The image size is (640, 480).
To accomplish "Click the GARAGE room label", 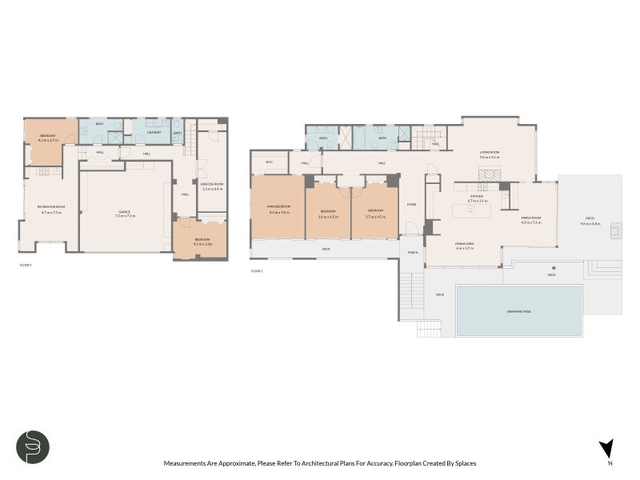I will tap(125, 213).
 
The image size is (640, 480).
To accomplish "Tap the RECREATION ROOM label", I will tap(50, 207).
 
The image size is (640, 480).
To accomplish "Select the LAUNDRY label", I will tap(155, 133).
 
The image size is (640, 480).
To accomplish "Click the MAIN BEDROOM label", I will tap(278, 208).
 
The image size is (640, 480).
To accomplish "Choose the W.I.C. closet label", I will tap(270, 162).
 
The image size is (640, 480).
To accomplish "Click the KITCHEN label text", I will tap(477, 197).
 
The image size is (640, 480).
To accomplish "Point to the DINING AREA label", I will tap(465, 244).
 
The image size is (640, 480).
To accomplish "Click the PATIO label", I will tap(590, 221).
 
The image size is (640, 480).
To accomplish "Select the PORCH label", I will tap(414, 253).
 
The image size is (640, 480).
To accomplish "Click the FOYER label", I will tap(412, 205).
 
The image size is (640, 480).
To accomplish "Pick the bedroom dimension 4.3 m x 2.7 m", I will tap(48, 140).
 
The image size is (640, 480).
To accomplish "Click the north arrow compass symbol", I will tap(607, 450).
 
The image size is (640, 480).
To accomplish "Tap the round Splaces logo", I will tap(33, 447).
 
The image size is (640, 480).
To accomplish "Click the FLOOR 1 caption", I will tap(26, 263).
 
